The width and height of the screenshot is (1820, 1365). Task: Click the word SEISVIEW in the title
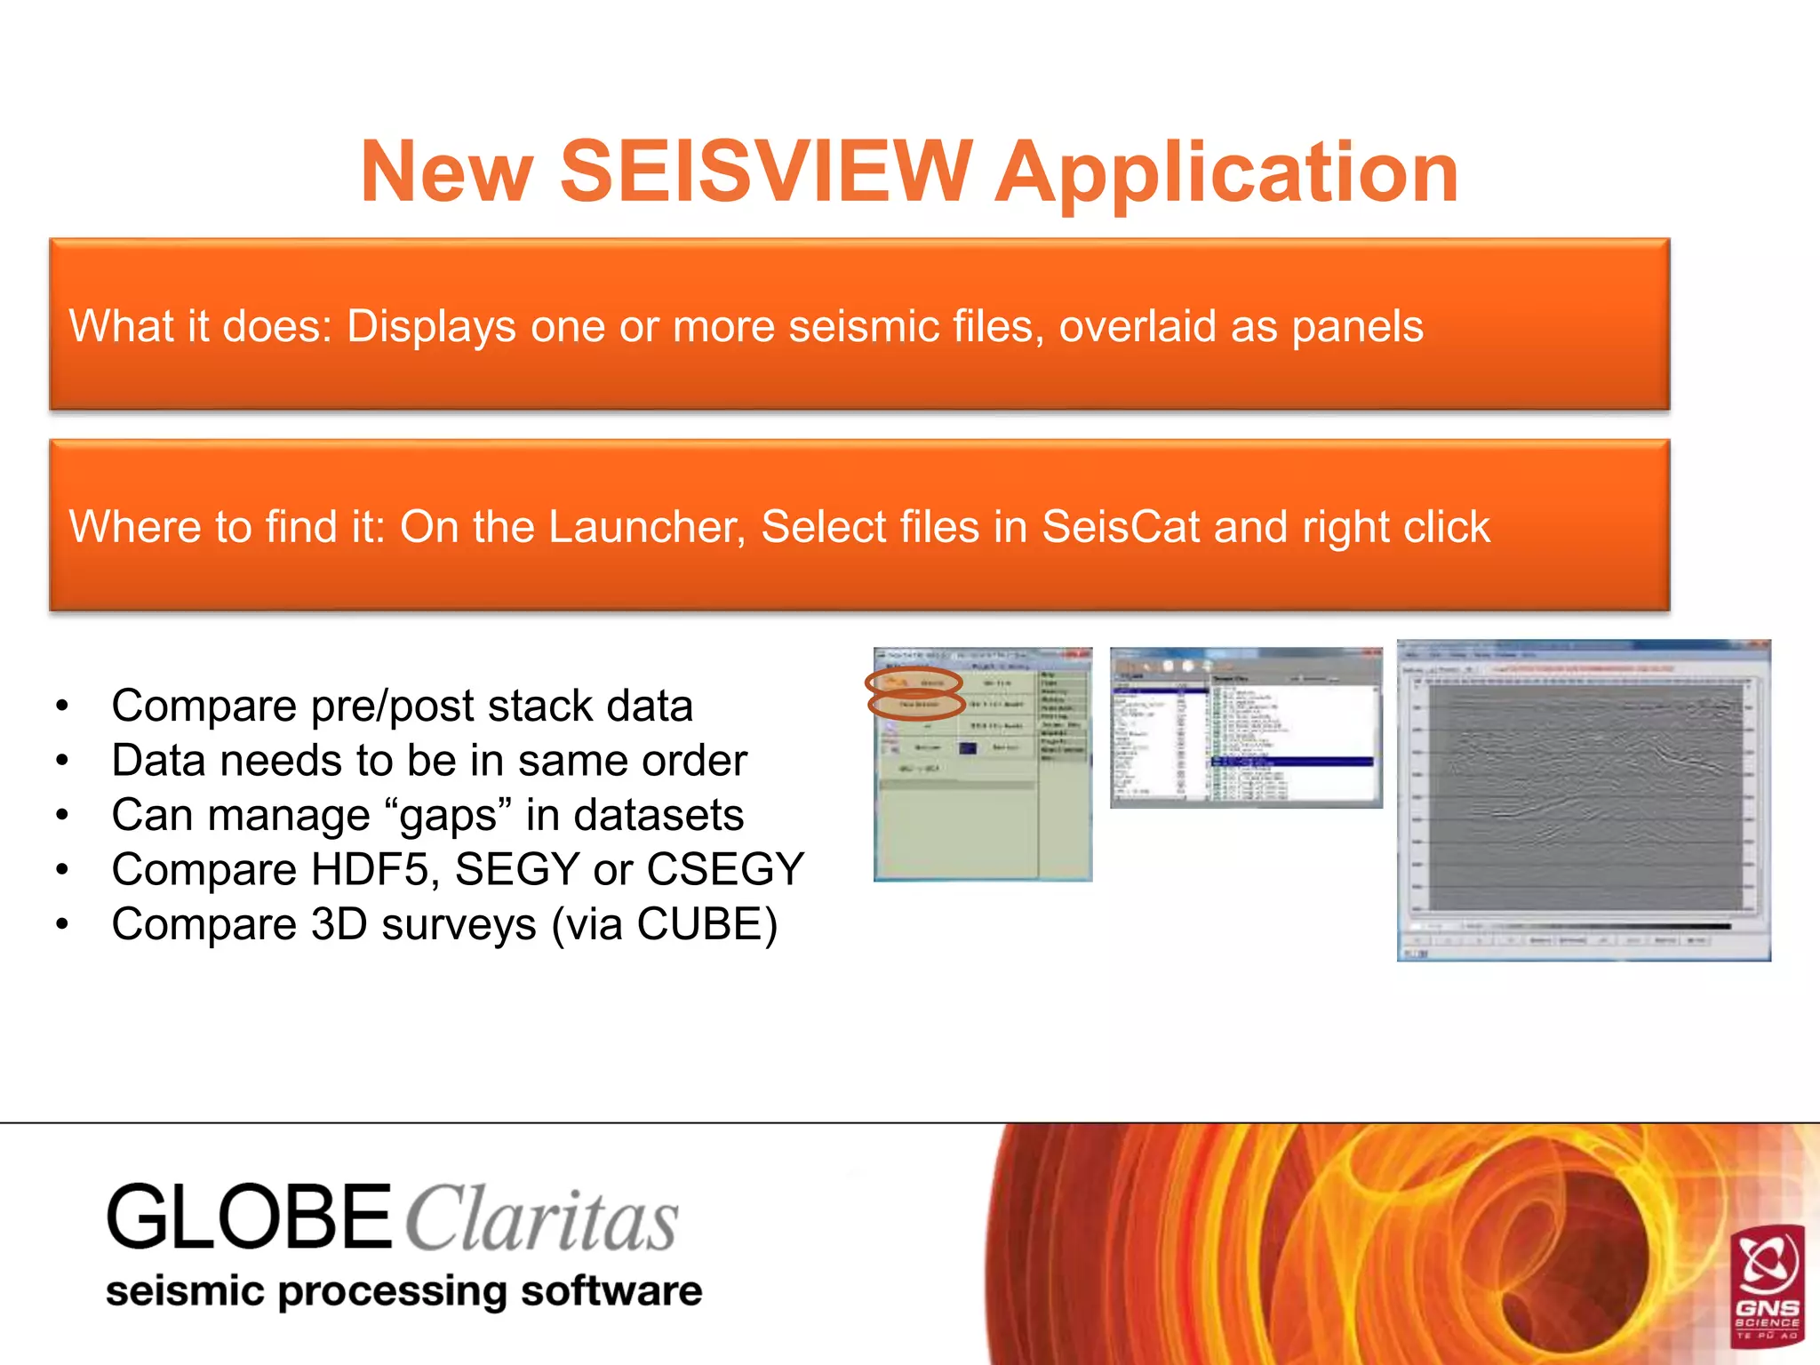point(765,172)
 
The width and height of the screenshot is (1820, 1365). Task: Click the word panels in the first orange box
point(1357,326)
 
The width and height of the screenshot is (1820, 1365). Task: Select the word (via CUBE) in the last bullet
point(664,924)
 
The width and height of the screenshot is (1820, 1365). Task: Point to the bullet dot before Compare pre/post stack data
point(61,706)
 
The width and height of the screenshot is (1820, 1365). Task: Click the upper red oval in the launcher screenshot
point(914,682)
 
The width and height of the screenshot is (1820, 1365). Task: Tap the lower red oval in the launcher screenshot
point(917,705)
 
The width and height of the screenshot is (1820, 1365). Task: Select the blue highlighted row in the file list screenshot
point(1293,762)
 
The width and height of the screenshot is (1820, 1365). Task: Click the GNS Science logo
point(1768,1285)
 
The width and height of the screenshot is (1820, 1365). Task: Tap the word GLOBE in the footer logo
point(249,1217)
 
